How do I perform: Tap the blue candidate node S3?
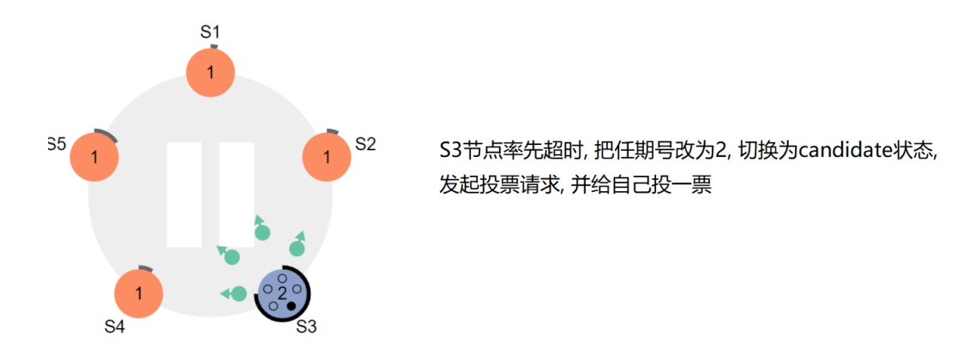[x=282, y=294]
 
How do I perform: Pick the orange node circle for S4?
[x=138, y=294]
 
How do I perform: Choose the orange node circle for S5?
[x=93, y=158]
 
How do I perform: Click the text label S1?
[x=210, y=32]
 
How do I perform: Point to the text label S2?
[x=365, y=144]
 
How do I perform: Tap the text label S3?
[x=306, y=327]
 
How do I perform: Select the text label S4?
[x=115, y=327]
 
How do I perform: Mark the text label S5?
[x=57, y=144]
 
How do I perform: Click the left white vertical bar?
[x=184, y=195]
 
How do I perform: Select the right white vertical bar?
[x=236, y=195]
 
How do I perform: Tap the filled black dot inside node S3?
[x=292, y=306]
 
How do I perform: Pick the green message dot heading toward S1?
[x=262, y=232]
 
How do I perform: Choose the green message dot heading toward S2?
[x=297, y=249]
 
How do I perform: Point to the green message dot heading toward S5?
[x=232, y=256]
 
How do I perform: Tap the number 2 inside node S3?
[x=282, y=294]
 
